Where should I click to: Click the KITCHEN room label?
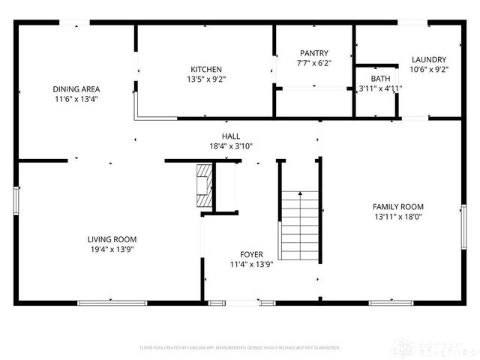[x=205, y=69]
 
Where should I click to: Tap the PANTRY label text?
[x=314, y=53]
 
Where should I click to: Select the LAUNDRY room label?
[x=429, y=60]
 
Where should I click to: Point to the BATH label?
[x=380, y=78]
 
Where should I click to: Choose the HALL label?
[x=230, y=136]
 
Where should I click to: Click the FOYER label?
[x=251, y=254]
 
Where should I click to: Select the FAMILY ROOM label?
[x=398, y=207]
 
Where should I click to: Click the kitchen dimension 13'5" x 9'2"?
[x=205, y=79]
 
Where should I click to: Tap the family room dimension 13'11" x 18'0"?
[x=398, y=217]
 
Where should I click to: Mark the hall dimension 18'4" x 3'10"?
[x=230, y=146]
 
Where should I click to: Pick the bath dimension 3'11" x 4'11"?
[x=380, y=88]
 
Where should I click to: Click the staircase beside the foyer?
[x=299, y=223]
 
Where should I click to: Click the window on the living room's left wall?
[x=16, y=201]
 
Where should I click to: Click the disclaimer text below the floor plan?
[x=240, y=348]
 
